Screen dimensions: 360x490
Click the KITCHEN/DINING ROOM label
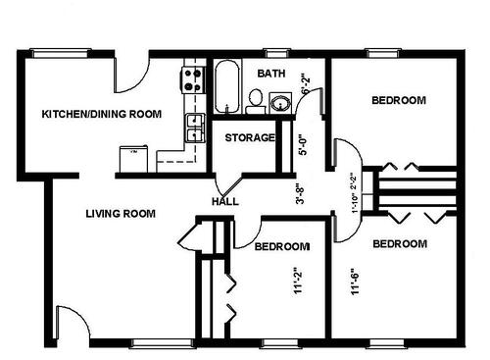[101, 115]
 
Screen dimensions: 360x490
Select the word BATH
[270, 74]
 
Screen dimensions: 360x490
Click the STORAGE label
[250, 137]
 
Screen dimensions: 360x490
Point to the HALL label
[225, 202]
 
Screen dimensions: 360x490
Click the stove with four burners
[190, 79]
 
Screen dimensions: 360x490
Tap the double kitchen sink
[194, 127]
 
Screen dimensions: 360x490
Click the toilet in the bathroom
[255, 98]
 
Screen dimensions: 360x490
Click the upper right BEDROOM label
[399, 100]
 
